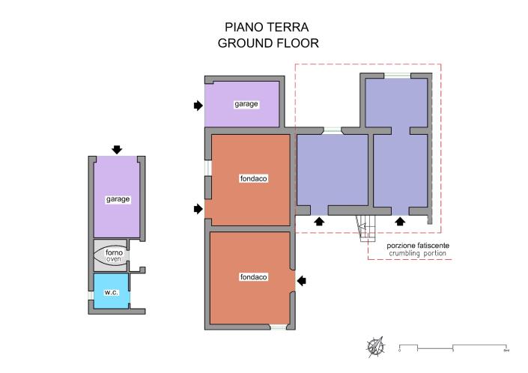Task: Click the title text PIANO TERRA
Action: (x=268, y=27)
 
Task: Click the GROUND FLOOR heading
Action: (x=268, y=43)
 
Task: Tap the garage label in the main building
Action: (x=246, y=104)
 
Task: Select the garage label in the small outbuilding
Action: (x=118, y=199)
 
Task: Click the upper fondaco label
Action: (x=254, y=179)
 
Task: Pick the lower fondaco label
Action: (x=254, y=276)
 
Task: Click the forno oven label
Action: (x=114, y=256)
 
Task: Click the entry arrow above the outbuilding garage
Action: (x=117, y=150)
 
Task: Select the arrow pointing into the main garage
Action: (x=198, y=106)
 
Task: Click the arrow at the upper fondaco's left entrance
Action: (x=198, y=208)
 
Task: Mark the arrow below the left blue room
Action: (x=319, y=221)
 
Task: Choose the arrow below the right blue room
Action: (x=400, y=221)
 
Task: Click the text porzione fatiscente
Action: (x=418, y=246)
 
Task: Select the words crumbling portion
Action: (x=418, y=254)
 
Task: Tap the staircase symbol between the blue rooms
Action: (x=365, y=228)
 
